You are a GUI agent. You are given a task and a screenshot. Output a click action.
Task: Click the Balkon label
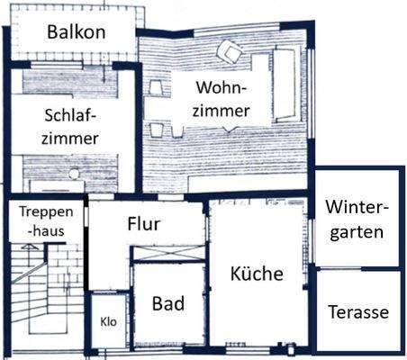tap(77, 32)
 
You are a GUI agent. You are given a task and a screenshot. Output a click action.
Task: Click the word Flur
tap(144, 224)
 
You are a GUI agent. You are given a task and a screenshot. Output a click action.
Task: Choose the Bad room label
tap(167, 303)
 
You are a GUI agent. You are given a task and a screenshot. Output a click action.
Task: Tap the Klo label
tap(108, 321)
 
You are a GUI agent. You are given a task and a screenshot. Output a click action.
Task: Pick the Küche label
tap(256, 274)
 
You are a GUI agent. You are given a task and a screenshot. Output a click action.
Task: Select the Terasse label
tap(357, 312)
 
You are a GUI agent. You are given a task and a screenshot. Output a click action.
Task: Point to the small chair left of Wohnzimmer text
tap(155, 88)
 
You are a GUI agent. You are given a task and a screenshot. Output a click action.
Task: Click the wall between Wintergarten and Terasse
tap(357, 268)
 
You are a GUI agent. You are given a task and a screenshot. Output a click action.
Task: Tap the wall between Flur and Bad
tap(168, 262)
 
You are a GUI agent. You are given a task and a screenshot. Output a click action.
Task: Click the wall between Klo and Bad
tap(131, 319)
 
